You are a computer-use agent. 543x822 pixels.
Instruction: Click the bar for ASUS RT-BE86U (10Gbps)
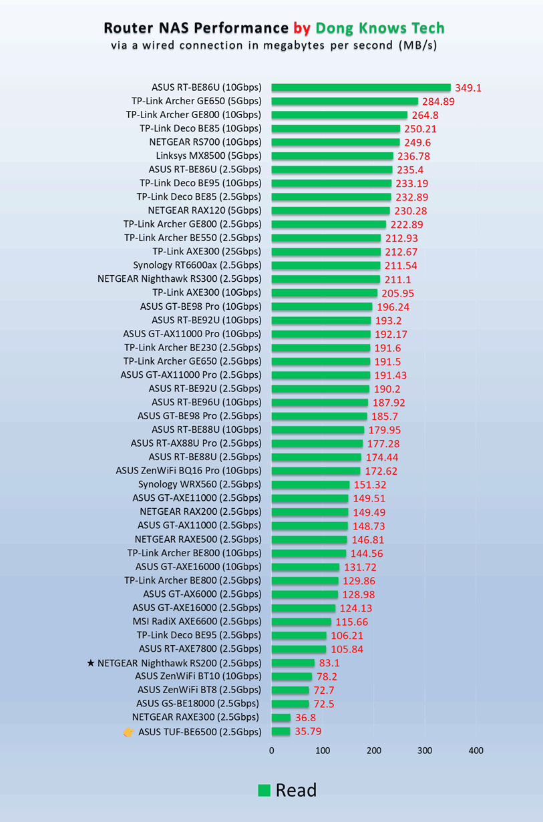coord(361,87)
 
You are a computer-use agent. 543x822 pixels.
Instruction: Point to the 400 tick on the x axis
coord(476,751)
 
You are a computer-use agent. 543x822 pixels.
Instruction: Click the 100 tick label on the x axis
coord(323,751)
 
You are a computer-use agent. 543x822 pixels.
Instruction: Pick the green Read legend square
coord(264,791)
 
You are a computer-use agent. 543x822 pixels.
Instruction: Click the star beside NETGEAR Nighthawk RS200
coord(91,663)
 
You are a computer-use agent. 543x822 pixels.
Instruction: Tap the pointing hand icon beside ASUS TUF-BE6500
coord(128,732)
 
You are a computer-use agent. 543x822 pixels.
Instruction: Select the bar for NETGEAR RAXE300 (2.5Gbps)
coord(281,717)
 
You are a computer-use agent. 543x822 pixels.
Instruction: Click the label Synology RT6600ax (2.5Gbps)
coord(197,265)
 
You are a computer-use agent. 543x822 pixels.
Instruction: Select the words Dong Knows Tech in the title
coord(379,28)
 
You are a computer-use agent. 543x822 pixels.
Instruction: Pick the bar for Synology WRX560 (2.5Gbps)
coord(311,484)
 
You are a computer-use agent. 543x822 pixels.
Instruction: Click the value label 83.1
coord(329,663)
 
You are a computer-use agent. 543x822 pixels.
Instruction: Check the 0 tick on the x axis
coord(271,751)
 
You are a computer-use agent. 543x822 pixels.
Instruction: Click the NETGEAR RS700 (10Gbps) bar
coord(335,142)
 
